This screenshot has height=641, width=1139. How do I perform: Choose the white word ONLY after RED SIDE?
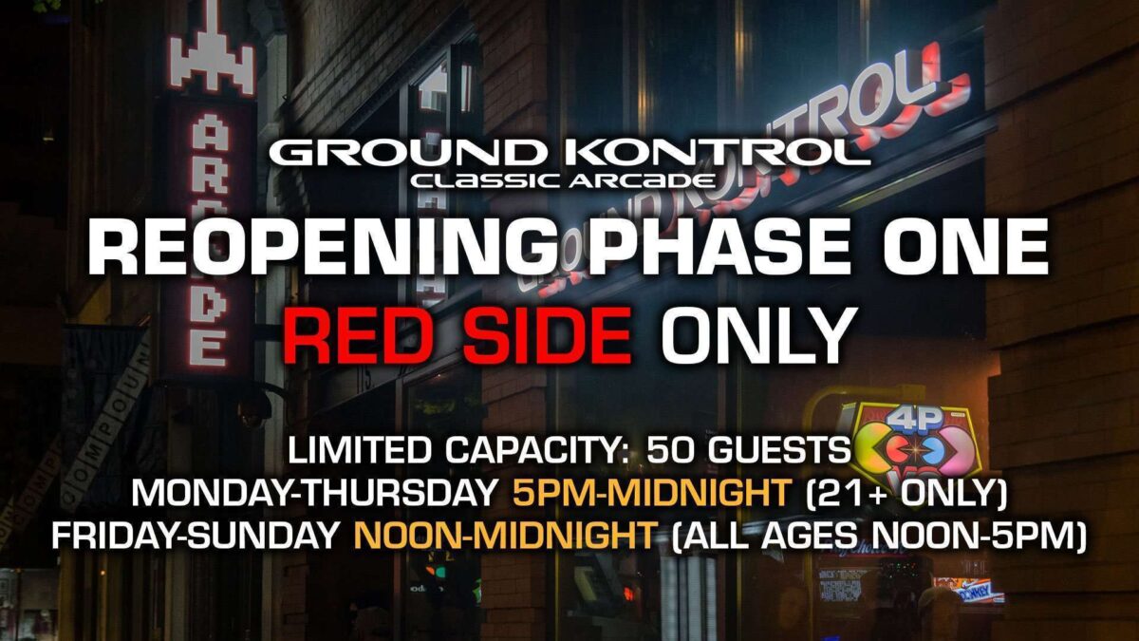tap(756, 336)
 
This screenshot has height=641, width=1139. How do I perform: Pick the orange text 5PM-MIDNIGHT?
tap(652, 492)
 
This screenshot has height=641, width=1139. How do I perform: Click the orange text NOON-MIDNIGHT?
tap(504, 534)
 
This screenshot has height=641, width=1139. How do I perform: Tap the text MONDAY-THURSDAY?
tap(314, 492)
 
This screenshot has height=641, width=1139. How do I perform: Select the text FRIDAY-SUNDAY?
tap(196, 534)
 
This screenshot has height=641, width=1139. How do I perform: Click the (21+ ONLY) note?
tap(906, 493)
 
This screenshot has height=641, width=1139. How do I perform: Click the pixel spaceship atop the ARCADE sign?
tap(212, 51)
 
